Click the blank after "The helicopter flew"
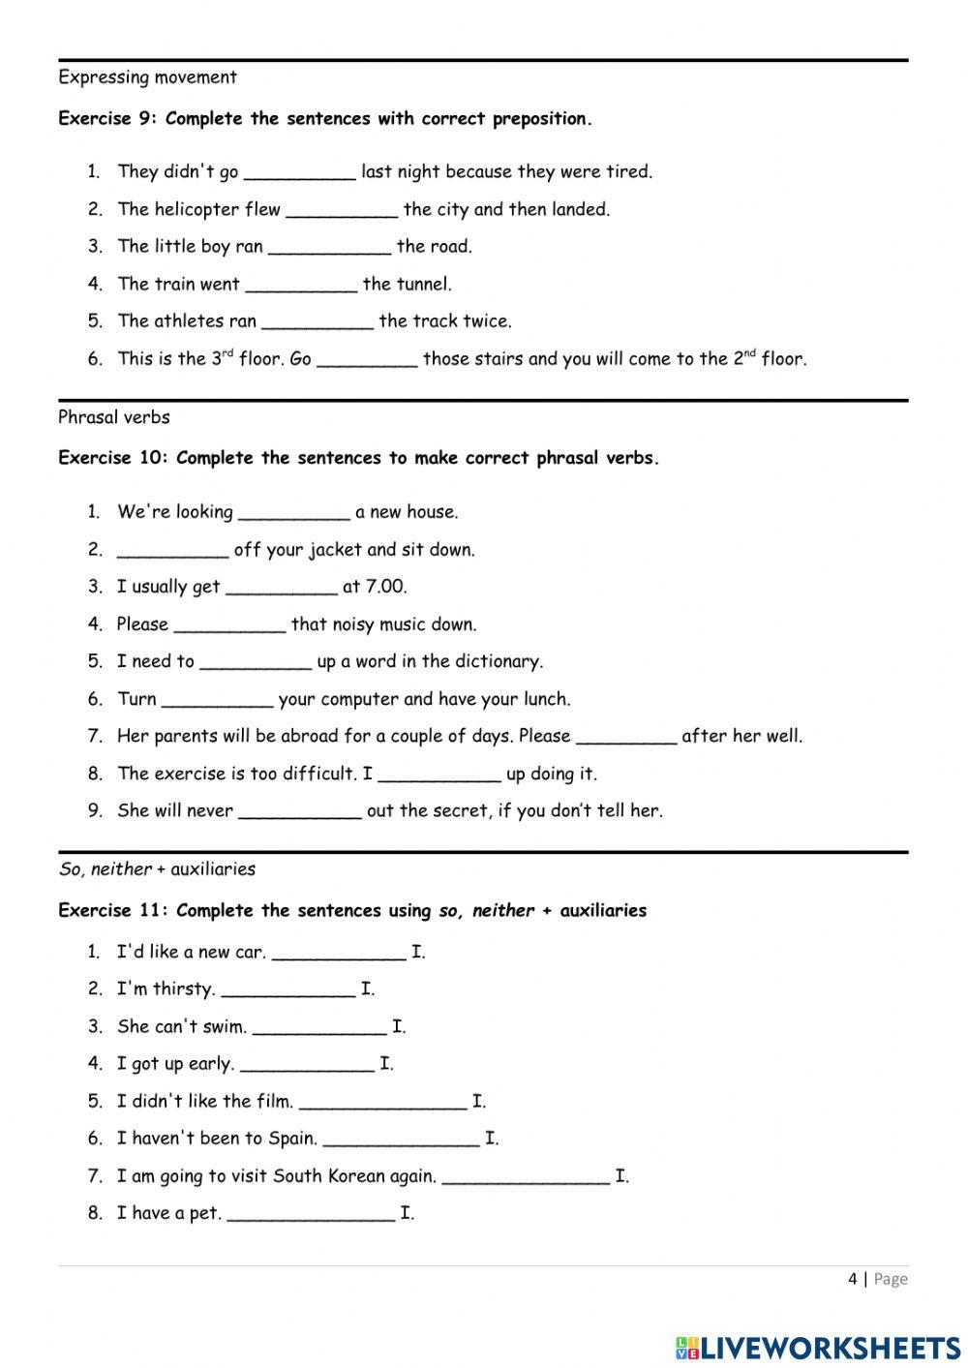342,210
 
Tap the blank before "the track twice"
318,321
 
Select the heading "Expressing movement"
147,77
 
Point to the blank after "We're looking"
293,513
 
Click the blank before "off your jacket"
172,551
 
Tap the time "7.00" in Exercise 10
385,587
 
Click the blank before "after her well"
626,737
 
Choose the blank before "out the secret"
300,811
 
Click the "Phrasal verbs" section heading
114,417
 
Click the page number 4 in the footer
852,1279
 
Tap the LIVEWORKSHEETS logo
818,1347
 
